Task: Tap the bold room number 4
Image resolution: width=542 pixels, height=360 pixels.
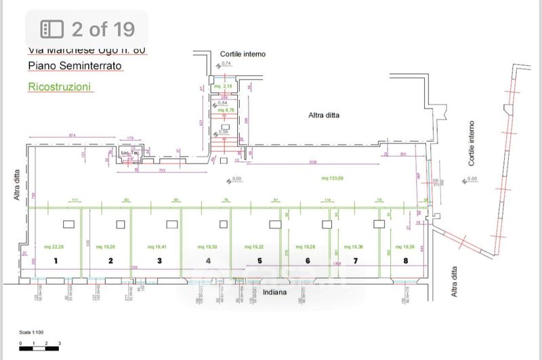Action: (x=209, y=260)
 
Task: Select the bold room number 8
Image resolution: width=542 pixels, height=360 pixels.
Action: (x=405, y=260)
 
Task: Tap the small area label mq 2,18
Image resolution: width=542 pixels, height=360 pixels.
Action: (x=224, y=87)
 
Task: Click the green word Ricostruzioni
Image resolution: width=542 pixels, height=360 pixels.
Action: (x=60, y=87)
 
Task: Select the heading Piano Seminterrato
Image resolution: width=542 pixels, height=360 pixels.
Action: (x=75, y=66)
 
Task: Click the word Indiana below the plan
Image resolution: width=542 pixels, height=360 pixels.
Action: (x=276, y=293)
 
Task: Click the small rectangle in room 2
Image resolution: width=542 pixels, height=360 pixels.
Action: (x=121, y=224)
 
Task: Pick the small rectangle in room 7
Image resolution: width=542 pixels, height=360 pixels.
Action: (x=377, y=224)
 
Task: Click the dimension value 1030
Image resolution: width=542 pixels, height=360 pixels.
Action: (x=313, y=163)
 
